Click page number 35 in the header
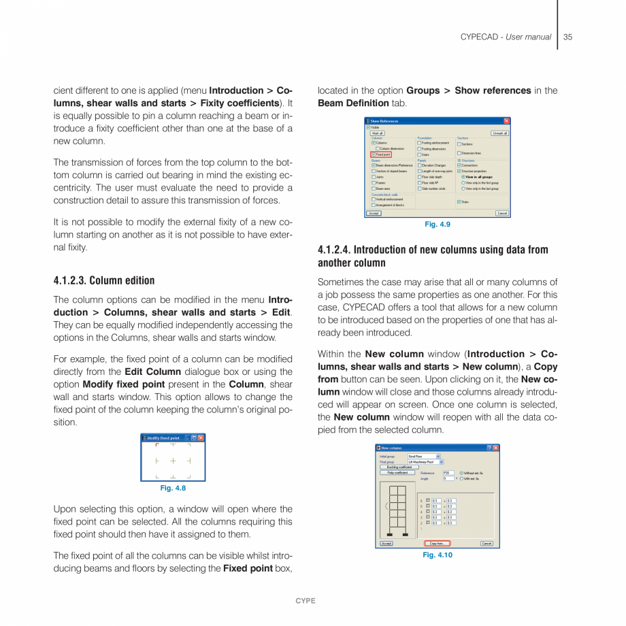coord(567,37)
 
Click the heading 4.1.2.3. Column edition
coord(104,280)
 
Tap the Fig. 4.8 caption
coord(173,488)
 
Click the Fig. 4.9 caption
coord(437,225)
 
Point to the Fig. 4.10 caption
coord(437,555)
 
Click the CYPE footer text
coord(305,601)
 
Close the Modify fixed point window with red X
coord(201,438)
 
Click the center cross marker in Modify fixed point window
coord(173,461)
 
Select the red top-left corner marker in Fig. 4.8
coord(157,446)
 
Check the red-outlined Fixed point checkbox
coord(374,154)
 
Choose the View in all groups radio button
coord(463,177)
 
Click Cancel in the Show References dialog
coord(501,213)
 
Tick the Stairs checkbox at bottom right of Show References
coord(459,201)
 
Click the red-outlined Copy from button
coord(437,543)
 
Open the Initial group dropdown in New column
coord(438,456)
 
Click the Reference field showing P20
coord(448,472)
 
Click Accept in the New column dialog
coord(386,543)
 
